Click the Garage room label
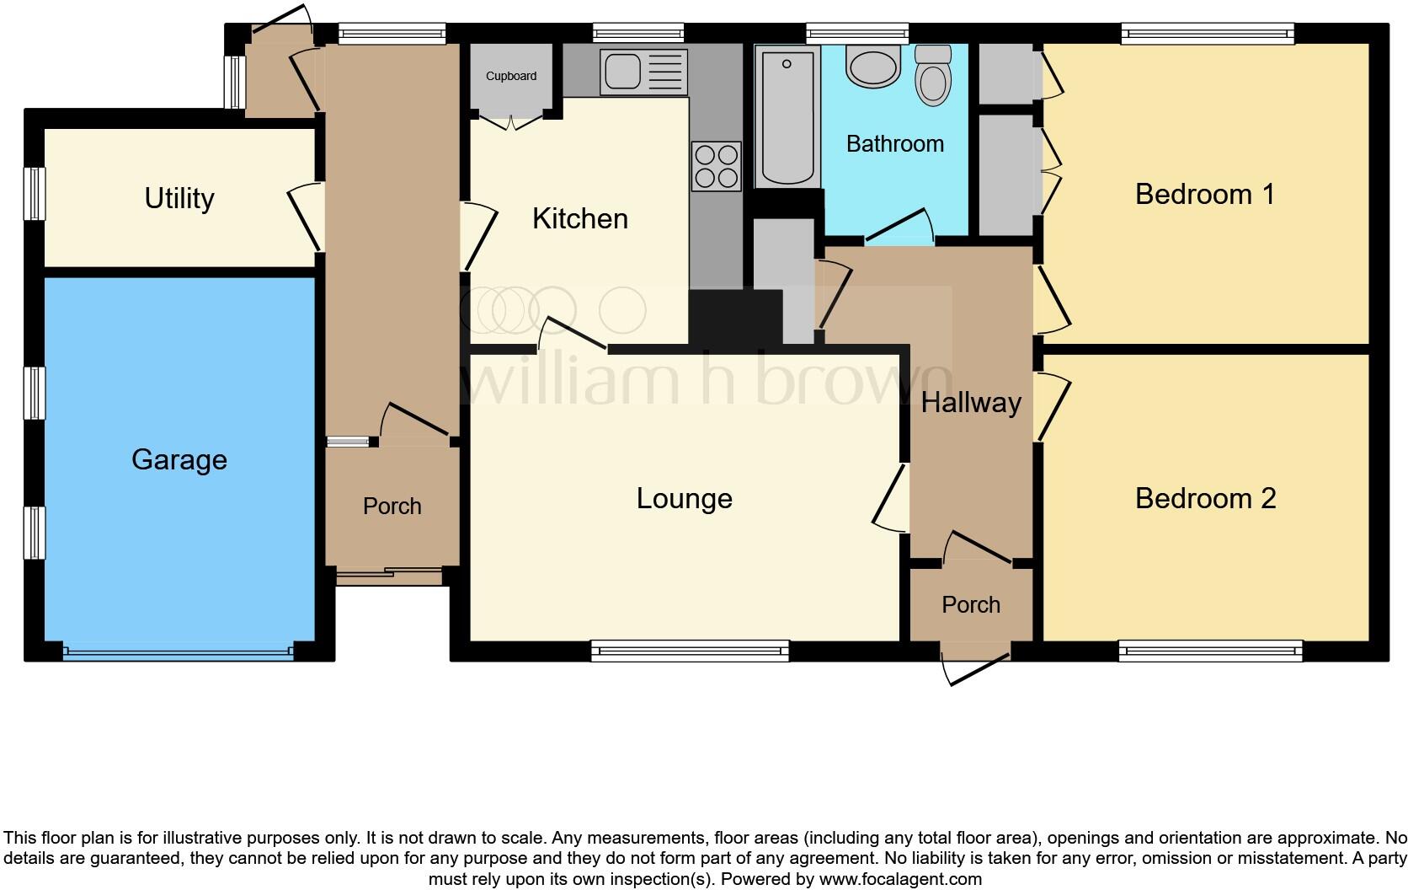pyautogui.click(x=179, y=460)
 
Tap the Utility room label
pyautogui.click(x=179, y=199)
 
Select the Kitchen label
pyautogui.click(x=580, y=219)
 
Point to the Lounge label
pyautogui.click(x=684, y=499)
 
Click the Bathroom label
pyautogui.click(x=894, y=144)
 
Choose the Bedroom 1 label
pyautogui.click(x=1204, y=195)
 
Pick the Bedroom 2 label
pyautogui.click(x=1205, y=499)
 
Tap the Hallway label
pyautogui.click(x=970, y=403)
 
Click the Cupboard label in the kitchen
pyautogui.click(x=511, y=77)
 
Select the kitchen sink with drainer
pyautogui.click(x=643, y=72)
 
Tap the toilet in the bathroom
pyautogui.click(x=932, y=76)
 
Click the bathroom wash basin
pyautogui.click(x=872, y=67)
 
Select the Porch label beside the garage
pyautogui.click(x=392, y=507)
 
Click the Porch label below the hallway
pyautogui.click(x=970, y=605)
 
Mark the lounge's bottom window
pyautogui.click(x=690, y=649)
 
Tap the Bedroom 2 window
pyautogui.click(x=1210, y=650)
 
